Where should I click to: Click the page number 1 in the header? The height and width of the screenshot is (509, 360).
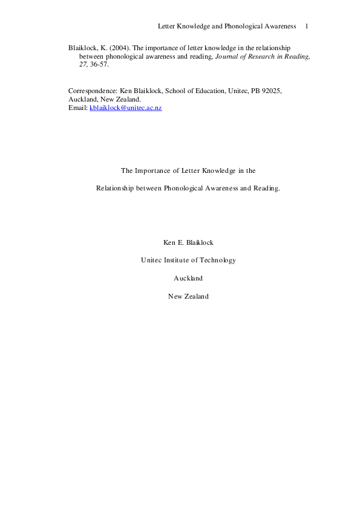click(307, 27)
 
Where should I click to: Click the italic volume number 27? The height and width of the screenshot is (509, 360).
click(84, 64)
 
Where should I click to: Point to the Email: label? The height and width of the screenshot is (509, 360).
click(78, 107)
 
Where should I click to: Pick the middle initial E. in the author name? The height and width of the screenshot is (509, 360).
click(184, 242)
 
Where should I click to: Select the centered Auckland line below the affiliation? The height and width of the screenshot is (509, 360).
click(188, 278)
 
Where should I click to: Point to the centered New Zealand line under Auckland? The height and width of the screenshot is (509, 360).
click(188, 296)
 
